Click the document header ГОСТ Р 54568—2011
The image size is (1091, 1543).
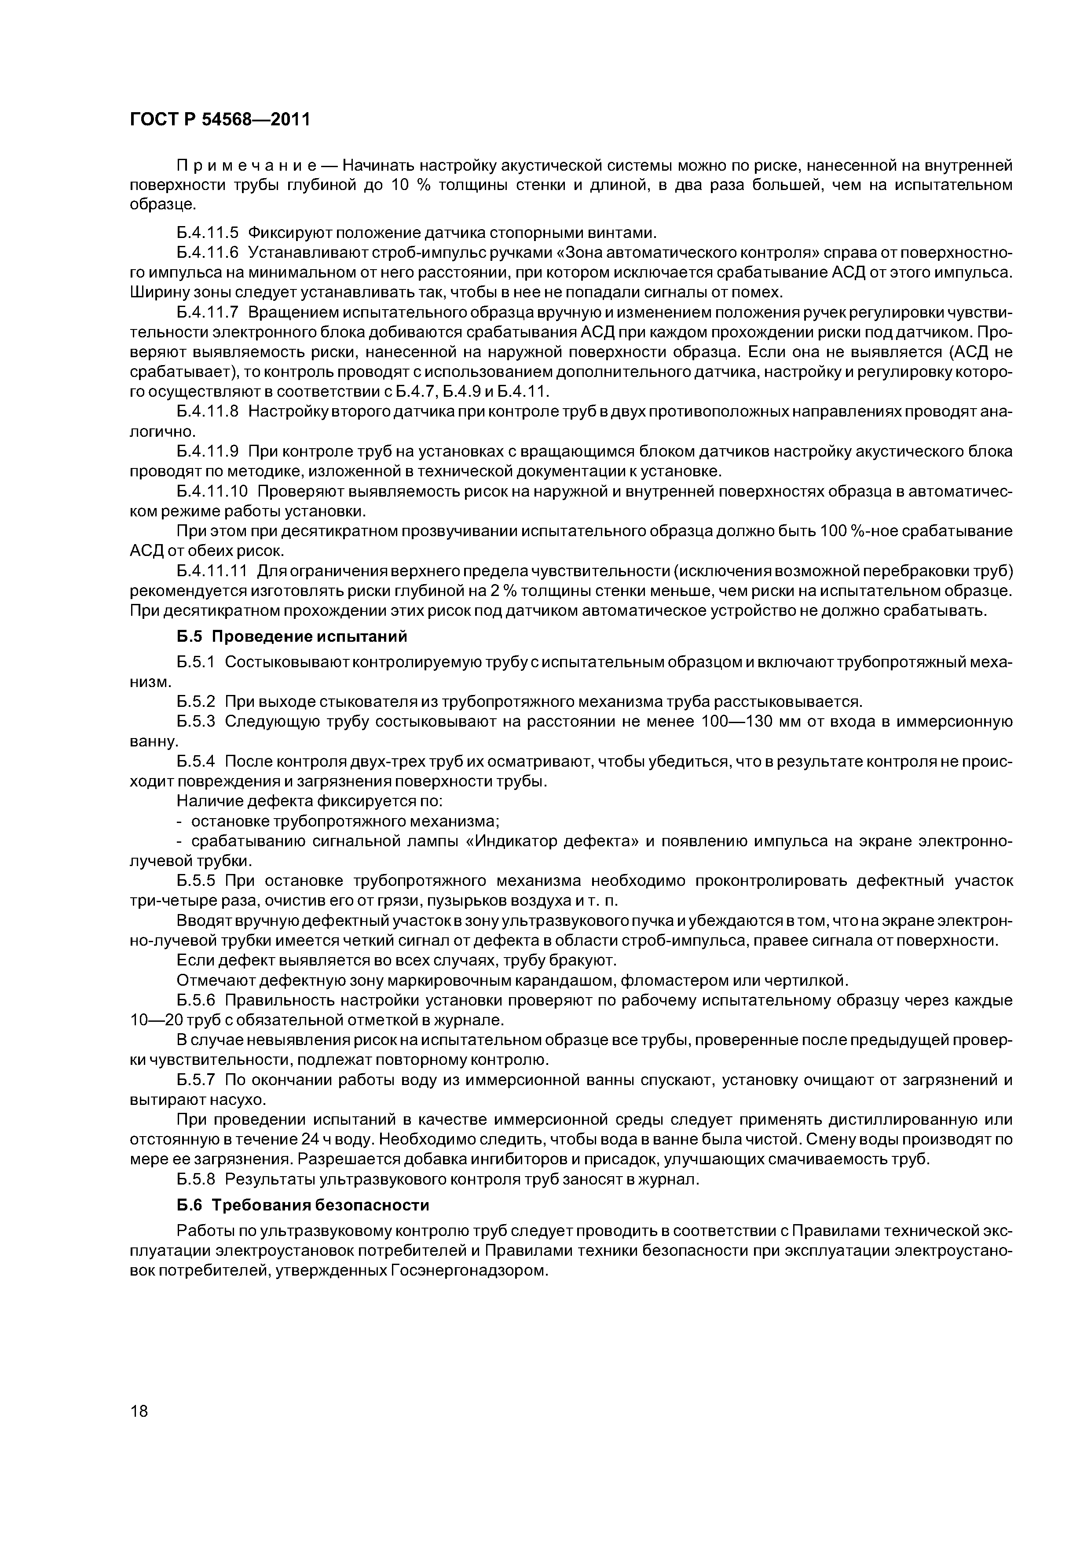pyautogui.click(x=220, y=120)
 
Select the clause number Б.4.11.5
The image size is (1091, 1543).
pyautogui.click(x=208, y=233)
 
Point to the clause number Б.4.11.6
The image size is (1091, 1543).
pyautogui.click(x=208, y=252)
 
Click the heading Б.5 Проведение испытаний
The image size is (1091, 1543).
pyautogui.click(x=293, y=636)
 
